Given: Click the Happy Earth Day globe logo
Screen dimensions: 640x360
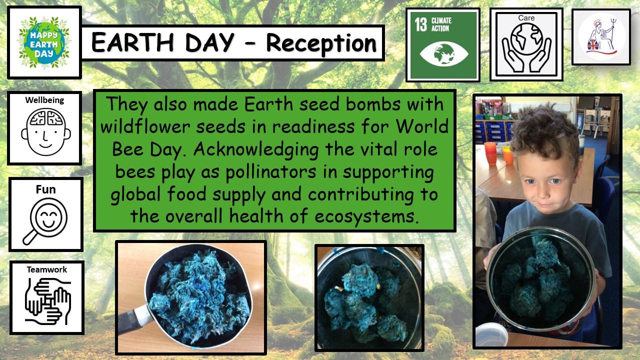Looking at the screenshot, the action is tap(44, 42).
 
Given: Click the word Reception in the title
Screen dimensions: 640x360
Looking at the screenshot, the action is tap(321, 43).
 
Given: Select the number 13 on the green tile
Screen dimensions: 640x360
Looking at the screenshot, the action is tap(421, 24).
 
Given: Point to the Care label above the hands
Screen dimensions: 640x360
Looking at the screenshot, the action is tap(526, 18).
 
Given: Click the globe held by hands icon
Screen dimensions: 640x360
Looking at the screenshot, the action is tap(526, 47).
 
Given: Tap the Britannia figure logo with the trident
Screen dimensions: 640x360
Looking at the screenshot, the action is tap(601, 36).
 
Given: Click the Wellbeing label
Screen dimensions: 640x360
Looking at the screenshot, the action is tap(44, 100).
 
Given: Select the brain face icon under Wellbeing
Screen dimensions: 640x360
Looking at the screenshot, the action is tap(45, 132).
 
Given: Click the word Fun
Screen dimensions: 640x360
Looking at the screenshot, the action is tap(45, 189).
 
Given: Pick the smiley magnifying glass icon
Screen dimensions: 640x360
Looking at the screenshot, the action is tap(45, 221).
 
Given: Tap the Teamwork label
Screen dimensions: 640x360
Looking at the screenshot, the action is tap(47, 269).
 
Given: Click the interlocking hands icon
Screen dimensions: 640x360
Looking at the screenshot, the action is tap(47, 301).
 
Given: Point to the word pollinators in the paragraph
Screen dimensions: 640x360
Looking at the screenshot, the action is tap(270, 172).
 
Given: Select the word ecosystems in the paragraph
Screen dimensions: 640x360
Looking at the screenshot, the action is tap(366, 216).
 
